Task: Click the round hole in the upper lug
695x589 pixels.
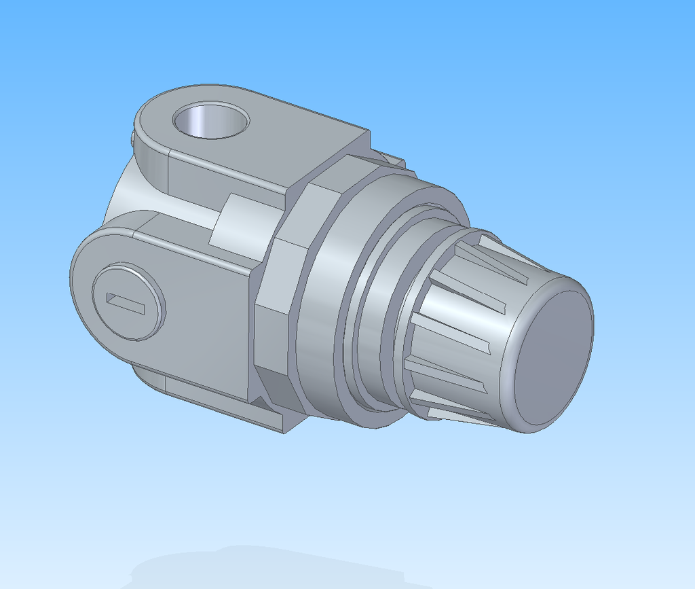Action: point(210,122)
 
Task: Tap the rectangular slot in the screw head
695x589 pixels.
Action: point(126,303)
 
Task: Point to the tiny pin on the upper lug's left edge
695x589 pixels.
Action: point(130,137)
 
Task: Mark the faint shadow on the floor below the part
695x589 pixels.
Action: point(271,564)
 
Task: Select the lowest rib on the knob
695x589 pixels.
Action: point(462,416)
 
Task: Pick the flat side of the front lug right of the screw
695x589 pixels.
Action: point(204,306)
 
